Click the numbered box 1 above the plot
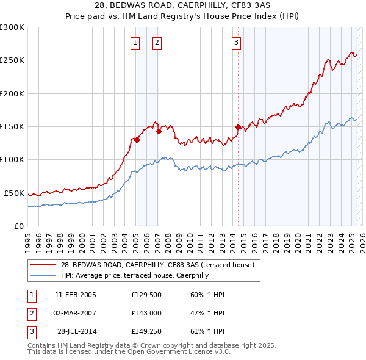(135, 42)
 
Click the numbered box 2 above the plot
(157, 42)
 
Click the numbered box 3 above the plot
(236, 42)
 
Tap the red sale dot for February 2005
(137, 140)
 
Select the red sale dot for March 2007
(159, 131)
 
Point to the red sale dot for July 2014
(239, 127)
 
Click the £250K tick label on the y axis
(12, 60)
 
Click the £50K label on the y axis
(14, 193)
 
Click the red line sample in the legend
(44, 265)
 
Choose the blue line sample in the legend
(44, 275)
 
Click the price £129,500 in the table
(145, 295)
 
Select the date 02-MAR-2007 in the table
(76, 314)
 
